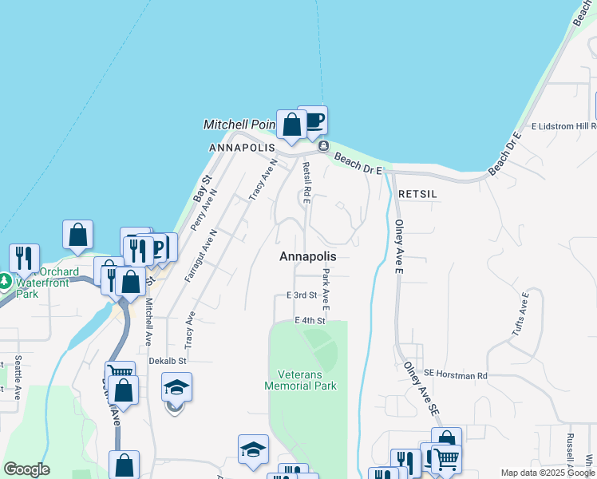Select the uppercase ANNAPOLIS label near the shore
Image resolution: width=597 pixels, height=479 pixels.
pyautogui.click(x=242, y=148)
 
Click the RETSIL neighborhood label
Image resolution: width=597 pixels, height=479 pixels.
pyautogui.click(x=418, y=194)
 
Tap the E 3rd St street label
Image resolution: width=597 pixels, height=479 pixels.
pyautogui.click(x=302, y=295)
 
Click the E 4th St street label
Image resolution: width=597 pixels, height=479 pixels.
pyautogui.click(x=310, y=321)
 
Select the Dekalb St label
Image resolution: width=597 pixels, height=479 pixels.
pyautogui.click(x=168, y=361)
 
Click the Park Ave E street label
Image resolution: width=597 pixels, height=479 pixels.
pyautogui.click(x=326, y=288)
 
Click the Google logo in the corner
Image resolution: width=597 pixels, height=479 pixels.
pyautogui.click(x=26, y=469)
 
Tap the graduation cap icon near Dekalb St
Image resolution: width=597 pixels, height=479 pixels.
pyautogui.click(x=176, y=389)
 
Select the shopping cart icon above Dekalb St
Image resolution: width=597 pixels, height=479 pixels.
pyautogui.click(x=120, y=371)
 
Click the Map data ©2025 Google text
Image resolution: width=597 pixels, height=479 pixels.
pyautogui.click(x=548, y=473)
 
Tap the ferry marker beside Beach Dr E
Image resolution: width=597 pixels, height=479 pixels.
pyautogui.click(x=323, y=146)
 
